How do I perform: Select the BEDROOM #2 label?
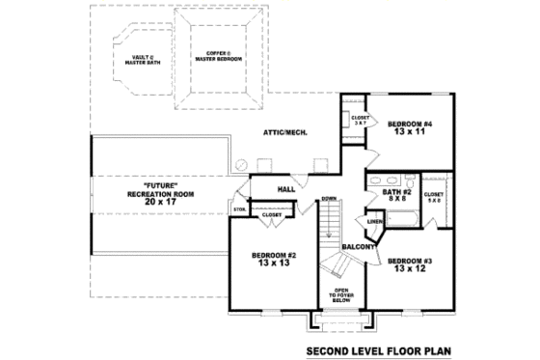[275, 256]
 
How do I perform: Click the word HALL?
[286, 189]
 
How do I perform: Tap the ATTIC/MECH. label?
[286, 132]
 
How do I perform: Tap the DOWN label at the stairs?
[329, 199]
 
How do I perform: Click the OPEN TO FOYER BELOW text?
[341, 294]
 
